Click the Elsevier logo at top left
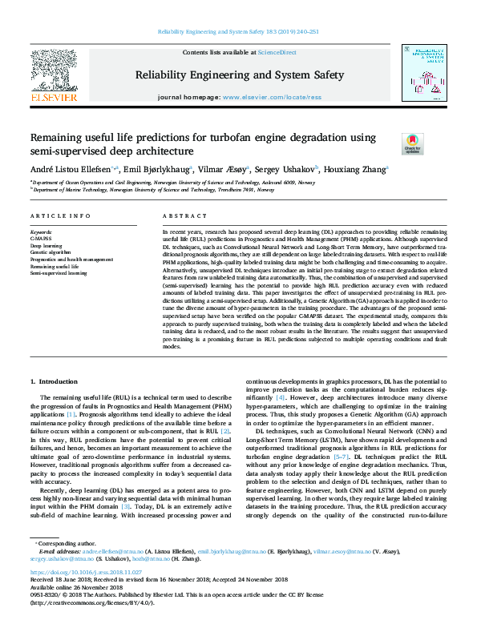point(54,77)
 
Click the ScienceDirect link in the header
point(278,52)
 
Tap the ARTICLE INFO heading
point(60,217)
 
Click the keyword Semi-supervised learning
point(59,273)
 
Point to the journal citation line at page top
point(238,32)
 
